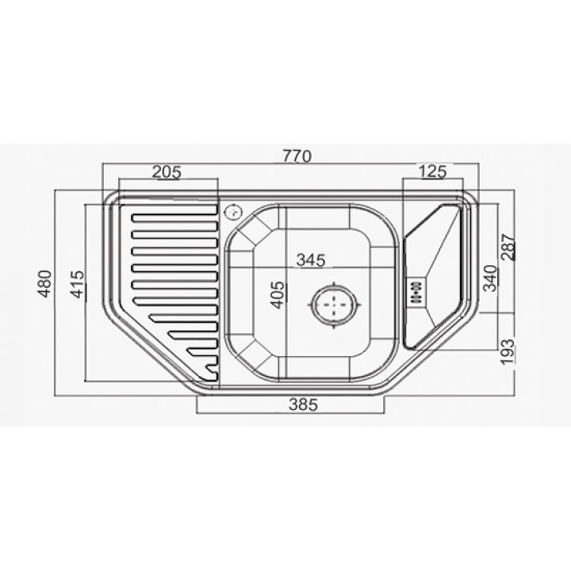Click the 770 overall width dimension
pyautogui.click(x=297, y=156)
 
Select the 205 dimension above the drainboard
pyautogui.click(x=167, y=172)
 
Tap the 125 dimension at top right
pyautogui.click(x=432, y=171)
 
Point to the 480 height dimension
pyautogui.click(x=45, y=284)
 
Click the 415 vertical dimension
pyautogui.click(x=77, y=284)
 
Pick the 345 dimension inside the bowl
pyautogui.click(x=311, y=260)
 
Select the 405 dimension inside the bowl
pyautogui.click(x=278, y=294)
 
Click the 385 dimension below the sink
pyautogui.click(x=303, y=404)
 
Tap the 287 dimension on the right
pyautogui.click(x=508, y=247)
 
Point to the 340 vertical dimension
pyautogui.click(x=490, y=278)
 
